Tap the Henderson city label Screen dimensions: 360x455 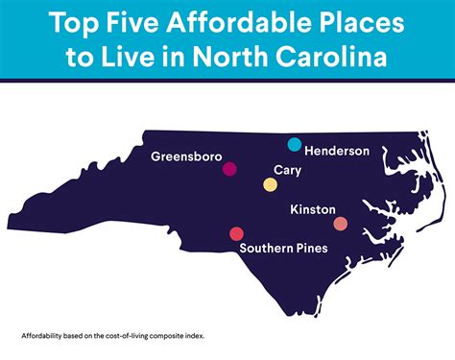338,151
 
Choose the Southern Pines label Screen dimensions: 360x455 283,248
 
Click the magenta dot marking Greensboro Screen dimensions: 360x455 229,169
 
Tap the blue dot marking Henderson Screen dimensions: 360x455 295,144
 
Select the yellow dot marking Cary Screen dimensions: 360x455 270,184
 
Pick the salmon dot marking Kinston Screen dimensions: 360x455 340,224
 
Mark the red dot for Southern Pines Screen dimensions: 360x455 236,233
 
